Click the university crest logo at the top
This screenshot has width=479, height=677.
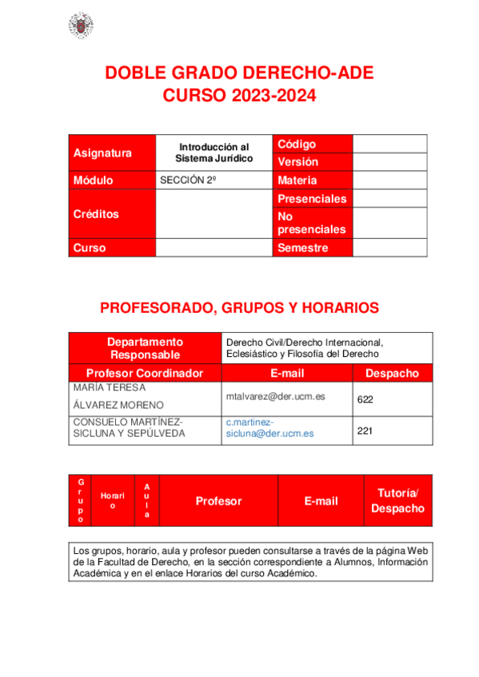(x=80, y=26)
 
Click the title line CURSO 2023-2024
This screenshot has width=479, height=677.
(x=240, y=97)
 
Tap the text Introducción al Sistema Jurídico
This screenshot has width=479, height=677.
(x=214, y=152)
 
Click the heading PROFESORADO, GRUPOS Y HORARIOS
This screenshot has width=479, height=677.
(x=239, y=307)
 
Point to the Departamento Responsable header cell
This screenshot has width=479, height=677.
(x=146, y=347)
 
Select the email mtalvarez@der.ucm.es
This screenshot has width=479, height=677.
(x=275, y=396)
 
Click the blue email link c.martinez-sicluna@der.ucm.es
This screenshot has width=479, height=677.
(x=269, y=428)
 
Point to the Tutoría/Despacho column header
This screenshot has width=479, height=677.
(x=397, y=501)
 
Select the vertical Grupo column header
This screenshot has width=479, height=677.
(x=81, y=501)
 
